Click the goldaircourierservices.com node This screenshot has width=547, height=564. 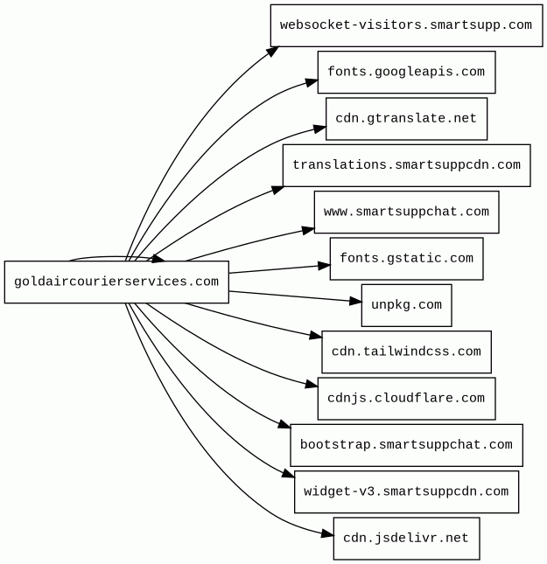pyautogui.click(x=116, y=282)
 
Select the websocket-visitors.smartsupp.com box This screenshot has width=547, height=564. pyautogui.click(x=407, y=25)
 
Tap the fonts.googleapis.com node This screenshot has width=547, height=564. pyautogui.click(x=407, y=73)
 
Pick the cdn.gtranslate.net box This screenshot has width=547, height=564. pyautogui.click(x=407, y=119)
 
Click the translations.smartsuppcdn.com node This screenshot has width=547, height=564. pyautogui.click(x=407, y=165)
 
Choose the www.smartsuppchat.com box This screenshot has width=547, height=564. pyautogui.click(x=407, y=212)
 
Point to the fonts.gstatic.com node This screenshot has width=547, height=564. pyautogui.click(x=407, y=259)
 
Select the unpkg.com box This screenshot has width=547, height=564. pyautogui.click(x=407, y=305)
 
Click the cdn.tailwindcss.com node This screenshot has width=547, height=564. pyautogui.click(x=407, y=352)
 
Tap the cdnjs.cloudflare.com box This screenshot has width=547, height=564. pyautogui.click(x=407, y=399)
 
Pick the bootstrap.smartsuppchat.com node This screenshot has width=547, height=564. pyautogui.click(x=407, y=445)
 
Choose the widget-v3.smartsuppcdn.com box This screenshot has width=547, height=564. pyautogui.click(x=407, y=492)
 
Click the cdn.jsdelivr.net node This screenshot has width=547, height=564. pyautogui.click(x=407, y=539)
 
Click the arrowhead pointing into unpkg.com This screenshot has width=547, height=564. pyautogui.click(x=356, y=302)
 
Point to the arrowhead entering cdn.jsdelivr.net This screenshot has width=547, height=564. pyautogui.click(x=327, y=533)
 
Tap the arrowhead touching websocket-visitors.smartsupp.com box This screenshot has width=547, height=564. pyautogui.click(x=273, y=52)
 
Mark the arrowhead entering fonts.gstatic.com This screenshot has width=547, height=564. pyautogui.click(x=324, y=266)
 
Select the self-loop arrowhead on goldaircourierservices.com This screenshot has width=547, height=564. pyautogui.click(x=158, y=258)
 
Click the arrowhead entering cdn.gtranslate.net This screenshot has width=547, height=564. pyautogui.click(x=319, y=129)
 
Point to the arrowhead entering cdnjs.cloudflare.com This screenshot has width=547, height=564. pyautogui.click(x=312, y=385)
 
